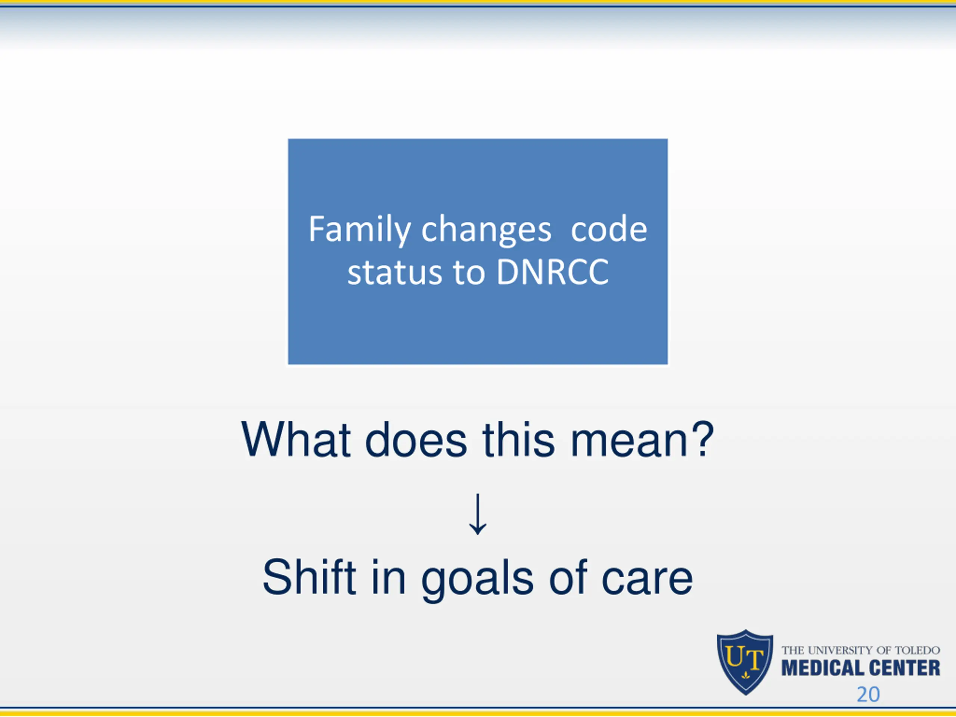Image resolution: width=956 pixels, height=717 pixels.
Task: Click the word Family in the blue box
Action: pyautogui.click(x=360, y=230)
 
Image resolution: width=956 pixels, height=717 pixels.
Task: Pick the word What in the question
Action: pyautogui.click(x=296, y=439)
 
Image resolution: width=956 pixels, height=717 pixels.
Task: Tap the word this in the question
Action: pyautogui.click(x=519, y=439)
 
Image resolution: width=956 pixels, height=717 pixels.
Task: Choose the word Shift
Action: pyautogui.click(x=309, y=577)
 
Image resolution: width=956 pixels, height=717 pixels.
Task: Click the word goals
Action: pyautogui.click(x=477, y=580)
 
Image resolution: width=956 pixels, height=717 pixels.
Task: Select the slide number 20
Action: pyautogui.click(x=868, y=695)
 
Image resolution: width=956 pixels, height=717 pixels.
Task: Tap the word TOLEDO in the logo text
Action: pyautogui.click(x=917, y=651)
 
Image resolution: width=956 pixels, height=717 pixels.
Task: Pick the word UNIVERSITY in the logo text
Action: pyautogui.click(x=840, y=651)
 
